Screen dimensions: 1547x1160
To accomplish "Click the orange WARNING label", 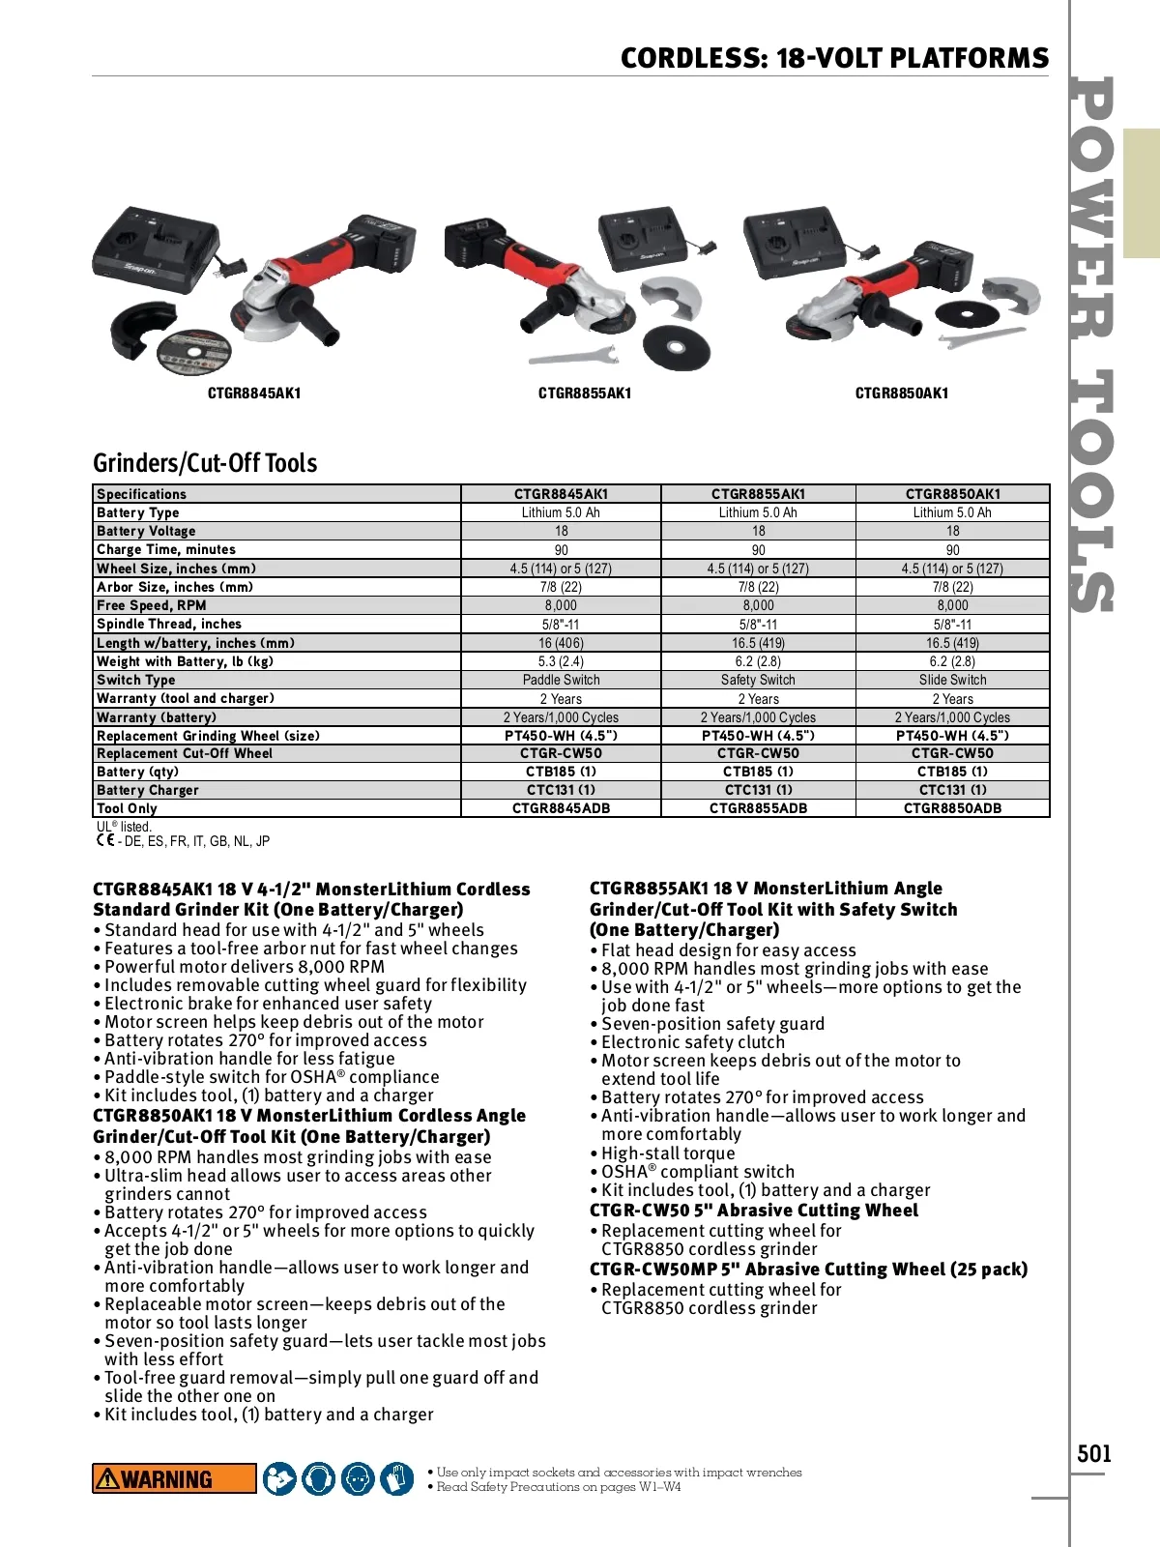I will tap(174, 1478).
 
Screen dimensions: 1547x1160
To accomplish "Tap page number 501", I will tap(1094, 1453).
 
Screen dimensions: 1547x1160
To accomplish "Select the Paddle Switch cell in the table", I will tap(561, 680).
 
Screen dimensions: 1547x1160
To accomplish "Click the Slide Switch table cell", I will tap(952, 680).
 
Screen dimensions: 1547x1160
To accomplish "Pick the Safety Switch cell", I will tap(758, 680).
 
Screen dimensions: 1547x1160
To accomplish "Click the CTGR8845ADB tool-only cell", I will tap(561, 808).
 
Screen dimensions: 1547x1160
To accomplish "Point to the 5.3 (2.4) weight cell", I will tap(561, 661).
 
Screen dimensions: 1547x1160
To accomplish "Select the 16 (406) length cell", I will tap(561, 643).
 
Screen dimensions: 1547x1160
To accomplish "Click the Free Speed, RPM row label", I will tap(152, 605).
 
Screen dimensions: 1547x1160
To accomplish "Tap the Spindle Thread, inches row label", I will tap(169, 624).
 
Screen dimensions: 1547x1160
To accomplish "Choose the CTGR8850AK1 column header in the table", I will tap(952, 494).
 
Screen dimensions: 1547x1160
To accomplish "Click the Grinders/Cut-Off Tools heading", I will tap(205, 463).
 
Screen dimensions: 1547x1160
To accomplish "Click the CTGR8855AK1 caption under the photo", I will tap(585, 394).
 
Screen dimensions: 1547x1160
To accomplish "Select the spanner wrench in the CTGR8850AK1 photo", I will tap(981, 338).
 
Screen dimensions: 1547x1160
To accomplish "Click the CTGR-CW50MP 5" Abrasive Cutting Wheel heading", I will tap(808, 1270).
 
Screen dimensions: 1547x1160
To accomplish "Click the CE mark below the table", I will tap(104, 840).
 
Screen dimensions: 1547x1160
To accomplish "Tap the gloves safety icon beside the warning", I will tap(396, 1478).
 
